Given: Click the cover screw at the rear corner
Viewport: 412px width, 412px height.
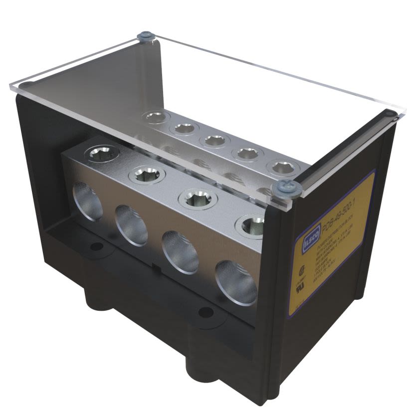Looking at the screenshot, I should tap(145, 36).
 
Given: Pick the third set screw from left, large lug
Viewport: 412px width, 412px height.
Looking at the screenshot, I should tap(198, 198).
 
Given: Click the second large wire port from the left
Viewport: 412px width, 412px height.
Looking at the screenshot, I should tap(131, 224).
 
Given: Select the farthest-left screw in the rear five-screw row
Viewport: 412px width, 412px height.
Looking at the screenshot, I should tap(156, 118).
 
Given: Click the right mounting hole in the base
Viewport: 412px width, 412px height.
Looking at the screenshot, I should tap(205, 312).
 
